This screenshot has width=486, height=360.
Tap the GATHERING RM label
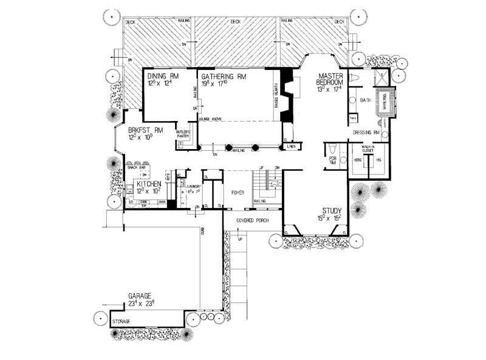point(224,76)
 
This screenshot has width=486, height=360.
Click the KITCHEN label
point(148,183)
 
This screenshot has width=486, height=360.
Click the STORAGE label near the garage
point(123,319)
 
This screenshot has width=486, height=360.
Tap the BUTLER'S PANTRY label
point(184,134)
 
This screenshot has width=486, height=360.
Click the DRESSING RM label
point(366,131)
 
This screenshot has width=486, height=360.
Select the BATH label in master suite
point(365,99)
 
